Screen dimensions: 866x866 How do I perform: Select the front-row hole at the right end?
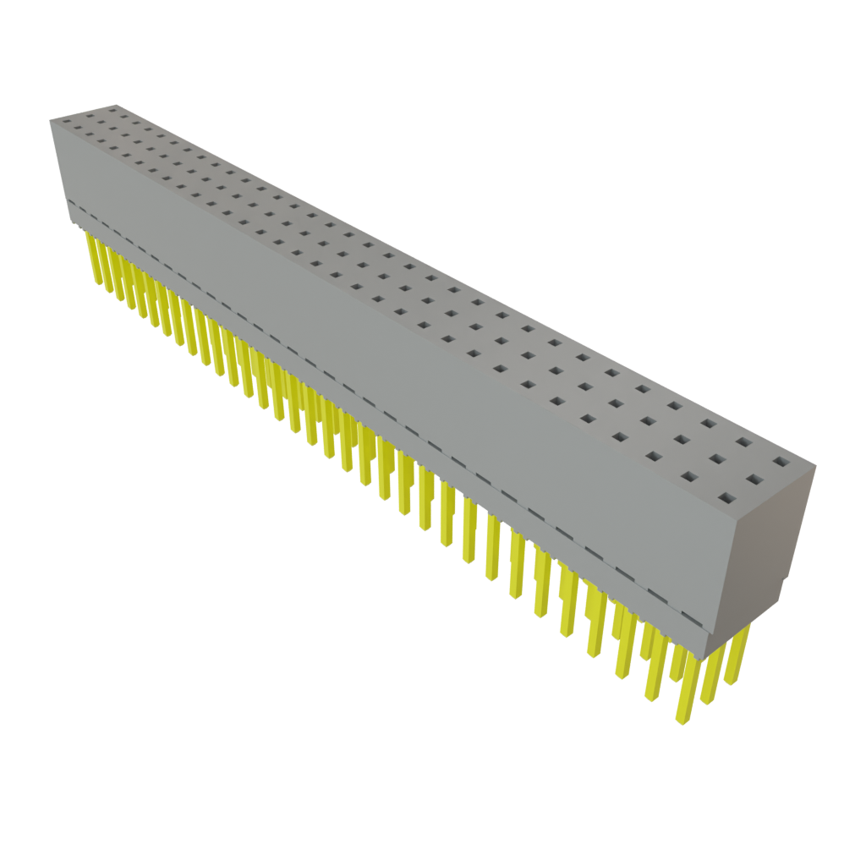point(726,496)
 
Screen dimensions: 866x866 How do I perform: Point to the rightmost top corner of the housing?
point(814,463)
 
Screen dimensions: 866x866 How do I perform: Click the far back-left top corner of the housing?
point(115,104)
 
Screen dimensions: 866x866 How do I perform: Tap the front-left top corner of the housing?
point(51,121)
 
